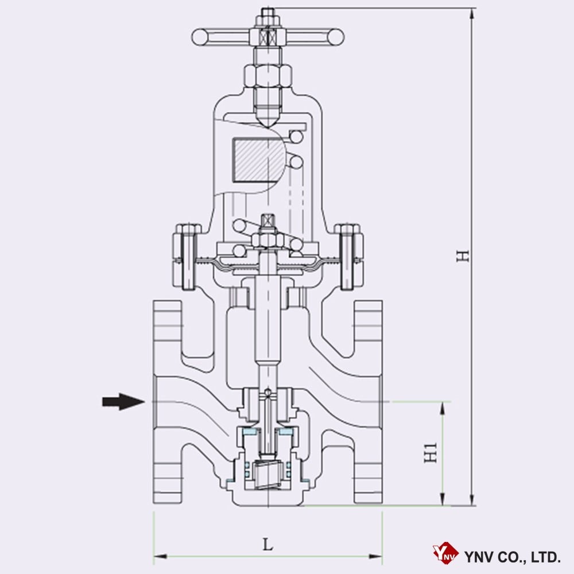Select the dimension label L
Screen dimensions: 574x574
[x=267, y=544]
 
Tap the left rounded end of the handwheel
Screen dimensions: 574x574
[x=200, y=37]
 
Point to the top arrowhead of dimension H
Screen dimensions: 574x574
[x=472, y=13]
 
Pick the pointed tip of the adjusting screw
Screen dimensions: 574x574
[x=267, y=124]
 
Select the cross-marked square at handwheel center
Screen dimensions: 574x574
[x=267, y=37]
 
